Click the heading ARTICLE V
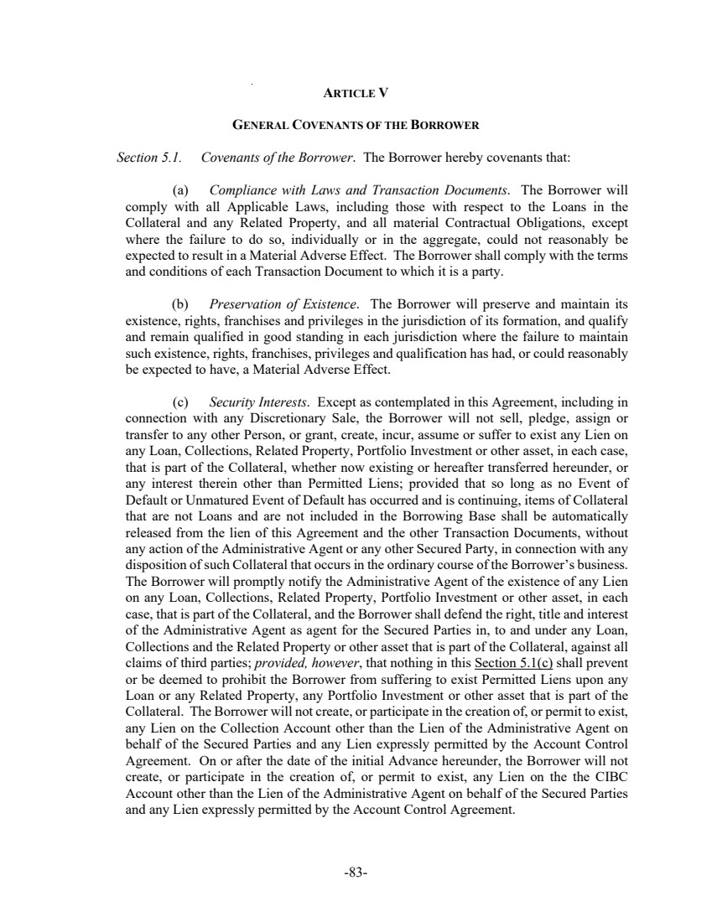click(356, 92)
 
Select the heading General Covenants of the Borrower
click(356, 126)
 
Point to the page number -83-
click(356, 873)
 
